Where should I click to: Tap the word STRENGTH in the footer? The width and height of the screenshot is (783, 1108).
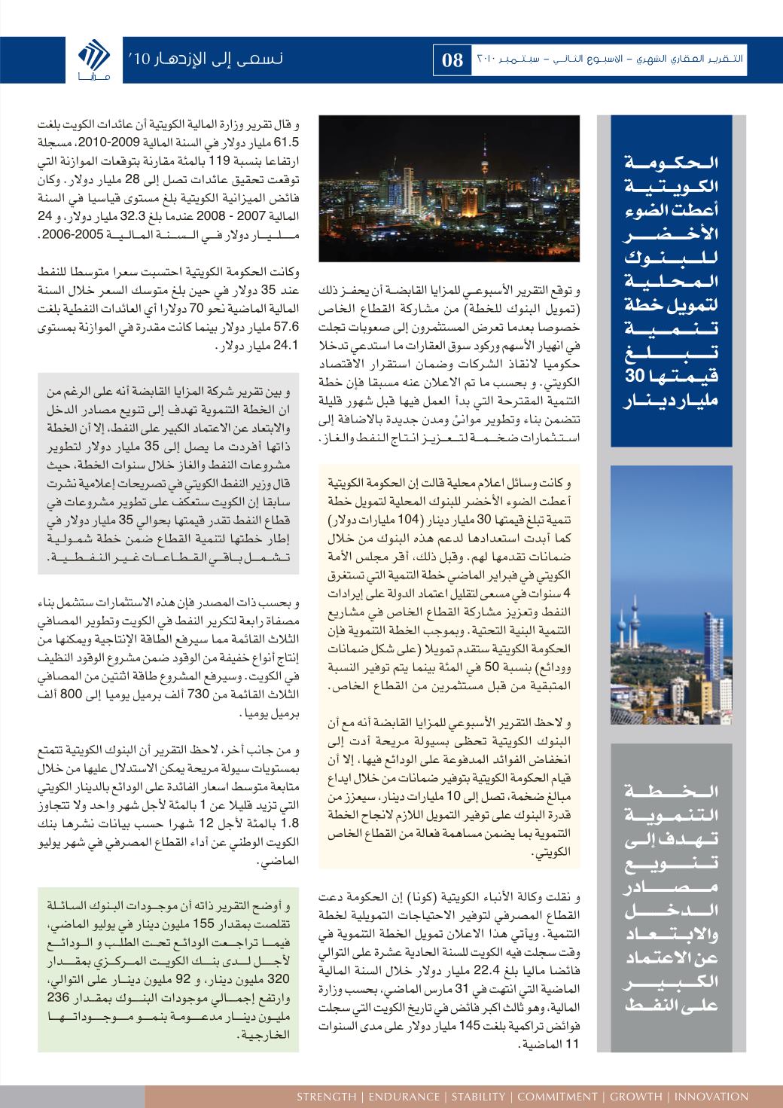point(327,1096)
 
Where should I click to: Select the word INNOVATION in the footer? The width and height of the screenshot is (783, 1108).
point(712,1096)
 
